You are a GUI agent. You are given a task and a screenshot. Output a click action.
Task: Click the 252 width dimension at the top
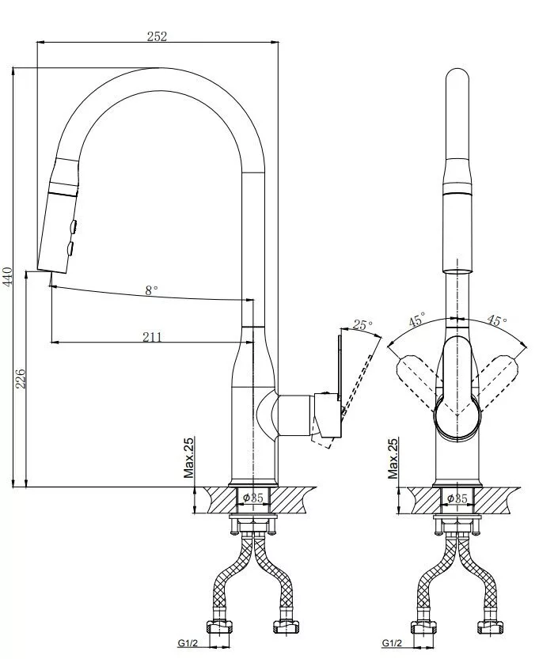(157, 36)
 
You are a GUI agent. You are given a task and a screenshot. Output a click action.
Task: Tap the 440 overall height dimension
(8, 275)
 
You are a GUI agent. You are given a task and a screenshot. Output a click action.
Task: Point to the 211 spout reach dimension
(152, 337)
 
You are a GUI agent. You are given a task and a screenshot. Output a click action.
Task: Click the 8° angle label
(152, 290)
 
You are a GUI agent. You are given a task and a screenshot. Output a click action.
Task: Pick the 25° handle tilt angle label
(362, 325)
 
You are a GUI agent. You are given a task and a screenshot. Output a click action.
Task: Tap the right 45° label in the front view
(497, 320)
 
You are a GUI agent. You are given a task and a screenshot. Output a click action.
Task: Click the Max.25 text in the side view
(189, 458)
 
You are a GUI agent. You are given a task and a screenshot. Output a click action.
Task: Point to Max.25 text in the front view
(393, 458)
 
